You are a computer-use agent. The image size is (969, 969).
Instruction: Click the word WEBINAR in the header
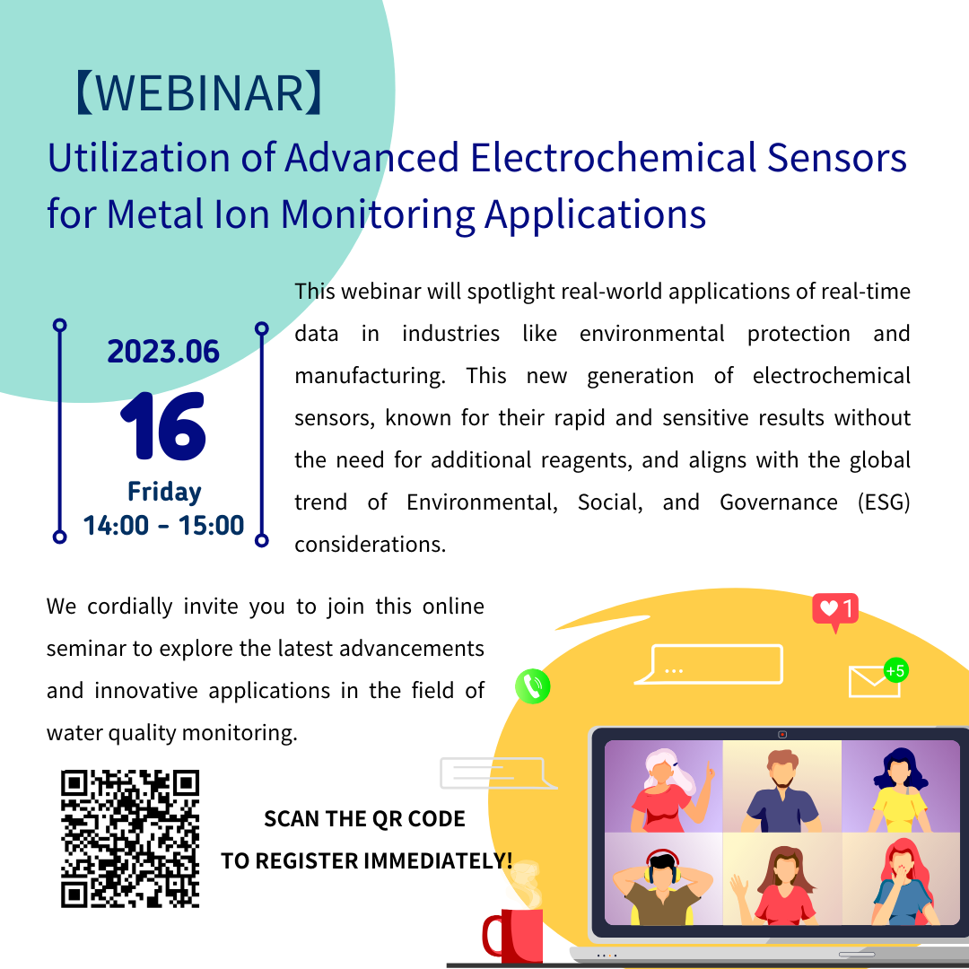[199, 92]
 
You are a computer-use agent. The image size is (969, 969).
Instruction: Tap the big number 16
[163, 426]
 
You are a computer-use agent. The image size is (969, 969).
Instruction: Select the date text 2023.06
[163, 351]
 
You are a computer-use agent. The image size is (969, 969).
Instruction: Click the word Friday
[164, 492]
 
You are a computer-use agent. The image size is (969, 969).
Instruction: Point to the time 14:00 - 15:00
[164, 525]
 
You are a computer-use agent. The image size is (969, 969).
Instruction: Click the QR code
[130, 839]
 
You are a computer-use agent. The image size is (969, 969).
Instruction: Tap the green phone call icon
[533, 686]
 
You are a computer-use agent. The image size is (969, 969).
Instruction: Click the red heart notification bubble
[835, 611]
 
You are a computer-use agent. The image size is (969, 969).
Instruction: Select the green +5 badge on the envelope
[896, 670]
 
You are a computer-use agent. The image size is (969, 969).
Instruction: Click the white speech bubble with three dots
[710, 664]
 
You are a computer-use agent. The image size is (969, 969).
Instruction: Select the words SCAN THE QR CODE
[364, 819]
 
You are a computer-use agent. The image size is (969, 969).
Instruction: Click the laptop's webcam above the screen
[782, 734]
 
